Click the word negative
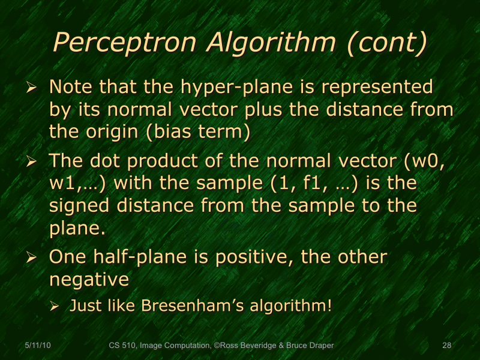pos(89,280)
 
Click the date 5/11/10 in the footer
pos(37,346)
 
